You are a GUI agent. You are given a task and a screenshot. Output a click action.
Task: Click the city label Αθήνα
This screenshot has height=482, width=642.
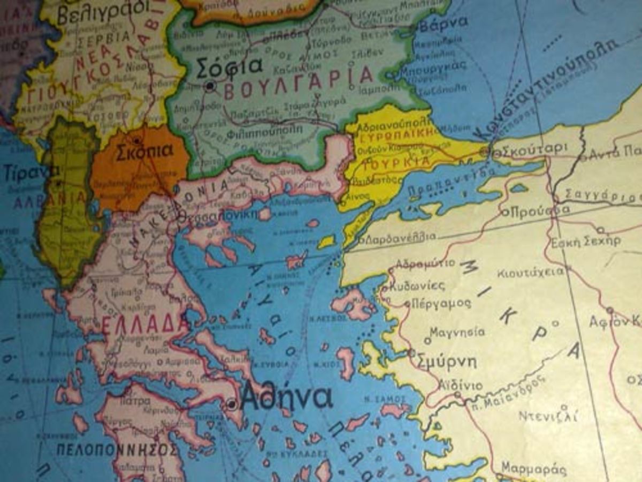287,398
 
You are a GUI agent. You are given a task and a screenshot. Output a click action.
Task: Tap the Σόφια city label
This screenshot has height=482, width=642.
230,65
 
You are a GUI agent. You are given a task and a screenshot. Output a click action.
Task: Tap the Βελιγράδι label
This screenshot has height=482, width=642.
101,11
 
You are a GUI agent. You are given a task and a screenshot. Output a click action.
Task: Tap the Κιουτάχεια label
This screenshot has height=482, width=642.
530,272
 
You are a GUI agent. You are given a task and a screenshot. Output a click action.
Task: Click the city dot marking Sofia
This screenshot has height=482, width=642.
210,85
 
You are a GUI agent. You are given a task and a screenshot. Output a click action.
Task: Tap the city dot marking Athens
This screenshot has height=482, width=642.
232,404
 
